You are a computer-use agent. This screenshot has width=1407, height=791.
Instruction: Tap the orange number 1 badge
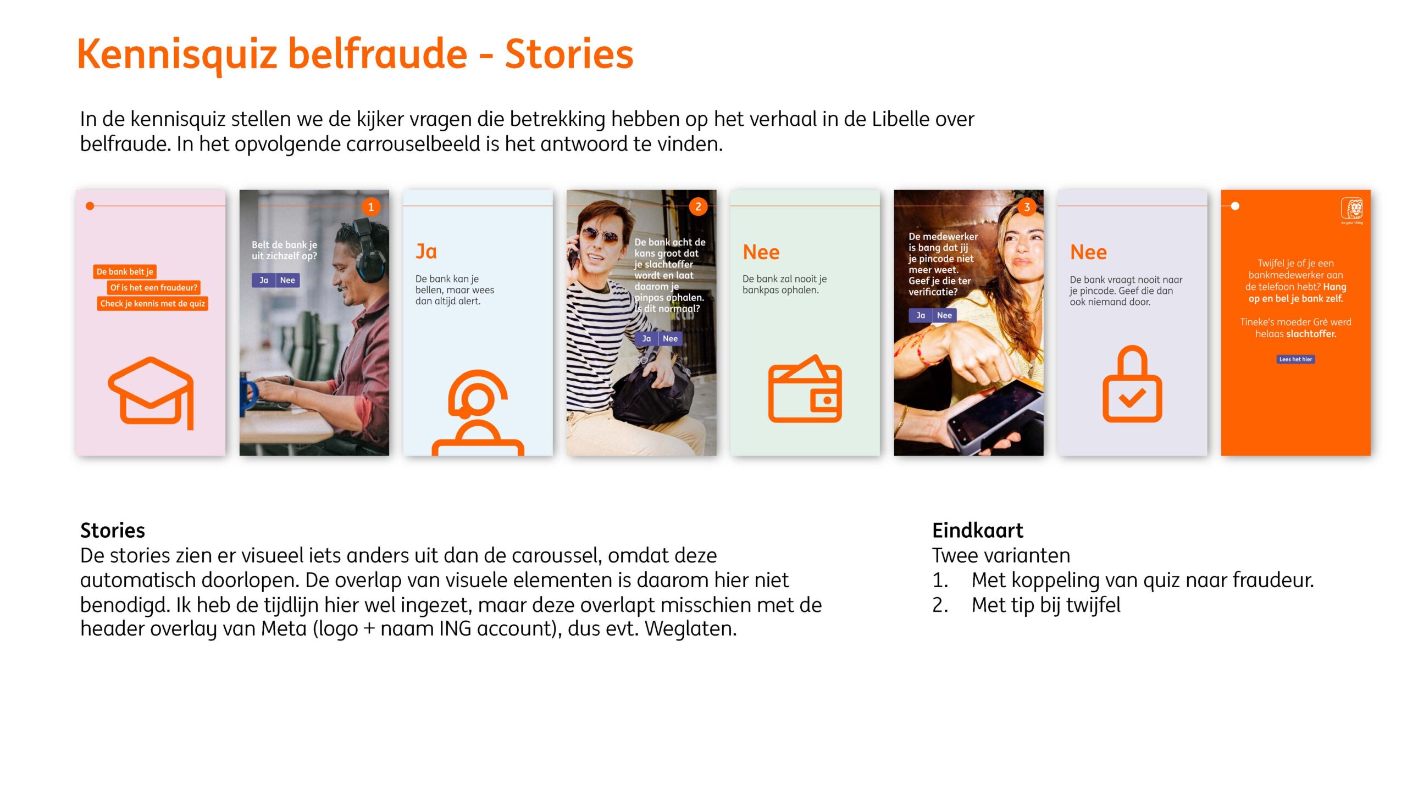(371, 207)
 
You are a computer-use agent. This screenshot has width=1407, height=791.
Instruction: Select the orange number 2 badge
(698, 207)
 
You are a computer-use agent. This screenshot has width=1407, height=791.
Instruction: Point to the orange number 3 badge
(1027, 207)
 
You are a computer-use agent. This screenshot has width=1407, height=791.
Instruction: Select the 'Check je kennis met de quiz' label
(152, 304)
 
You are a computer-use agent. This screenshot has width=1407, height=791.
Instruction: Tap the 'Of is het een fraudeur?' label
(153, 288)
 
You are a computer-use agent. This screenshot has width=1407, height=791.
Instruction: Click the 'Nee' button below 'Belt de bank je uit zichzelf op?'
(287, 280)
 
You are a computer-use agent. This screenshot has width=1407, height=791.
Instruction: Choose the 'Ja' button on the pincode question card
(921, 315)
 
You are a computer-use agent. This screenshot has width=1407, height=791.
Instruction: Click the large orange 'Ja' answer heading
(426, 252)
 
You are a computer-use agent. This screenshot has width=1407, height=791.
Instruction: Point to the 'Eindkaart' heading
(978, 531)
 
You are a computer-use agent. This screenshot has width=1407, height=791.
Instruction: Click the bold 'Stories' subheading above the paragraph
(113, 531)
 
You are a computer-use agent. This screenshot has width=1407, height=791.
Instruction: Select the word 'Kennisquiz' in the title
(177, 54)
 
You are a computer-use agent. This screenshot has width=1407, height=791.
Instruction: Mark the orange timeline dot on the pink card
(90, 206)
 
